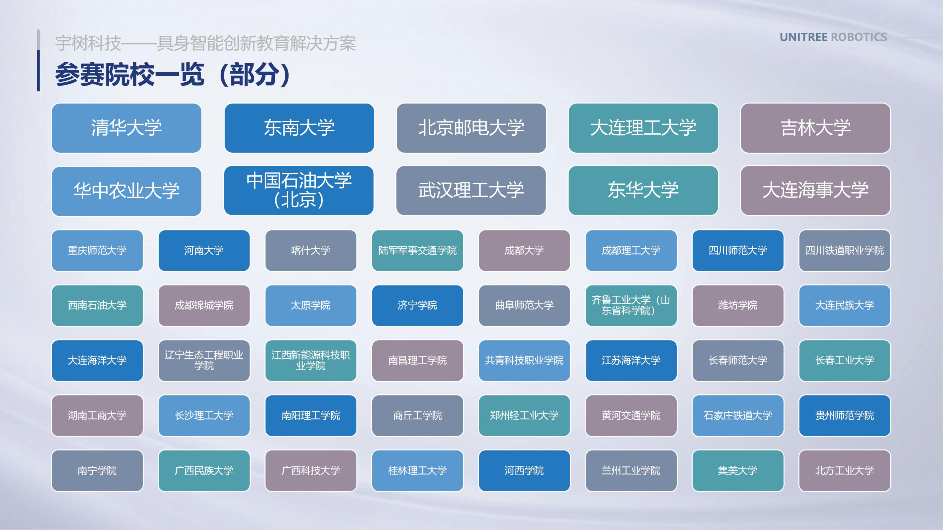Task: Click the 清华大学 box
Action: [x=127, y=128]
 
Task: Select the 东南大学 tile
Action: [x=299, y=128]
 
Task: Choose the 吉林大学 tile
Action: [x=816, y=128]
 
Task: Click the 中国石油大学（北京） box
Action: [x=299, y=190]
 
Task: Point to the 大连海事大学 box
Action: [x=816, y=190]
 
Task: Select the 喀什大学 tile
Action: [x=311, y=251]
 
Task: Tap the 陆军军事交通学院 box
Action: [x=418, y=251]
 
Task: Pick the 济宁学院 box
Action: [x=418, y=305]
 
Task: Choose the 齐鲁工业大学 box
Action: [x=631, y=305]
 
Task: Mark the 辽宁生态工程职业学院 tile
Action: [x=204, y=361]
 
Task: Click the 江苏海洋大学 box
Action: [x=631, y=361]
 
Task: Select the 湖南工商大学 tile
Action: [x=97, y=416]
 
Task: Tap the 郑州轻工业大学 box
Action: [x=524, y=416]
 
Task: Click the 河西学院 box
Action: [x=524, y=471]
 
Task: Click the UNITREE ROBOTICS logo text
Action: [x=833, y=37]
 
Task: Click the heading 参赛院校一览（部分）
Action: [x=173, y=75]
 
